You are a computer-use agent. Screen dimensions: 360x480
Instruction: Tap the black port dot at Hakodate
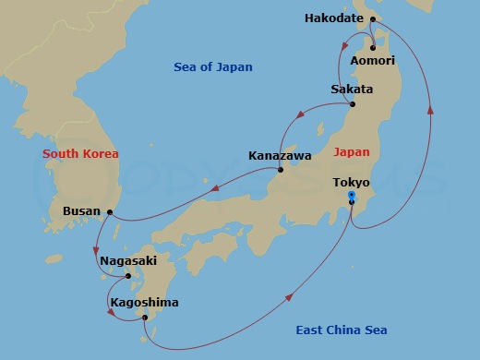click(373, 18)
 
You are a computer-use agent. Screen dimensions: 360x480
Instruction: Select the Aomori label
click(373, 61)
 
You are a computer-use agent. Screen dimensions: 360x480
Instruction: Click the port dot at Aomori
click(373, 48)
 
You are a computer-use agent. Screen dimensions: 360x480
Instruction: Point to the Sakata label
click(352, 90)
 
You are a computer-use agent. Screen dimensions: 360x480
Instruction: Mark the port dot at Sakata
click(352, 102)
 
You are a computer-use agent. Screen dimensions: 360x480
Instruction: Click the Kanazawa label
click(278, 156)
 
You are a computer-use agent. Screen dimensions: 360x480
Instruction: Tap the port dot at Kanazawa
click(280, 169)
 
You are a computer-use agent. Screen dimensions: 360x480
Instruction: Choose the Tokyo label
click(352, 182)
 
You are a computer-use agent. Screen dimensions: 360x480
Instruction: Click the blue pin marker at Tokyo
click(352, 197)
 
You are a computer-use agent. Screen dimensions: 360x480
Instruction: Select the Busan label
click(81, 211)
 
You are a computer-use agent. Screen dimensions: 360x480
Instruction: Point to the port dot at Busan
click(110, 212)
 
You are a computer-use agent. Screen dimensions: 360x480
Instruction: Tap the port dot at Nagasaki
click(128, 275)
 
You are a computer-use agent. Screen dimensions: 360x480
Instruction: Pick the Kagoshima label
click(144, 303)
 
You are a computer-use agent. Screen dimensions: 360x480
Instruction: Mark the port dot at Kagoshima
click(145, 318)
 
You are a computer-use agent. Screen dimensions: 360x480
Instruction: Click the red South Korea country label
click(80, 154)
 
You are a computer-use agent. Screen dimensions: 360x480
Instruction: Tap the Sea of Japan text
click(213, 67)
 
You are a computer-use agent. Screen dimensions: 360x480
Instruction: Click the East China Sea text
click(341, 330)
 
